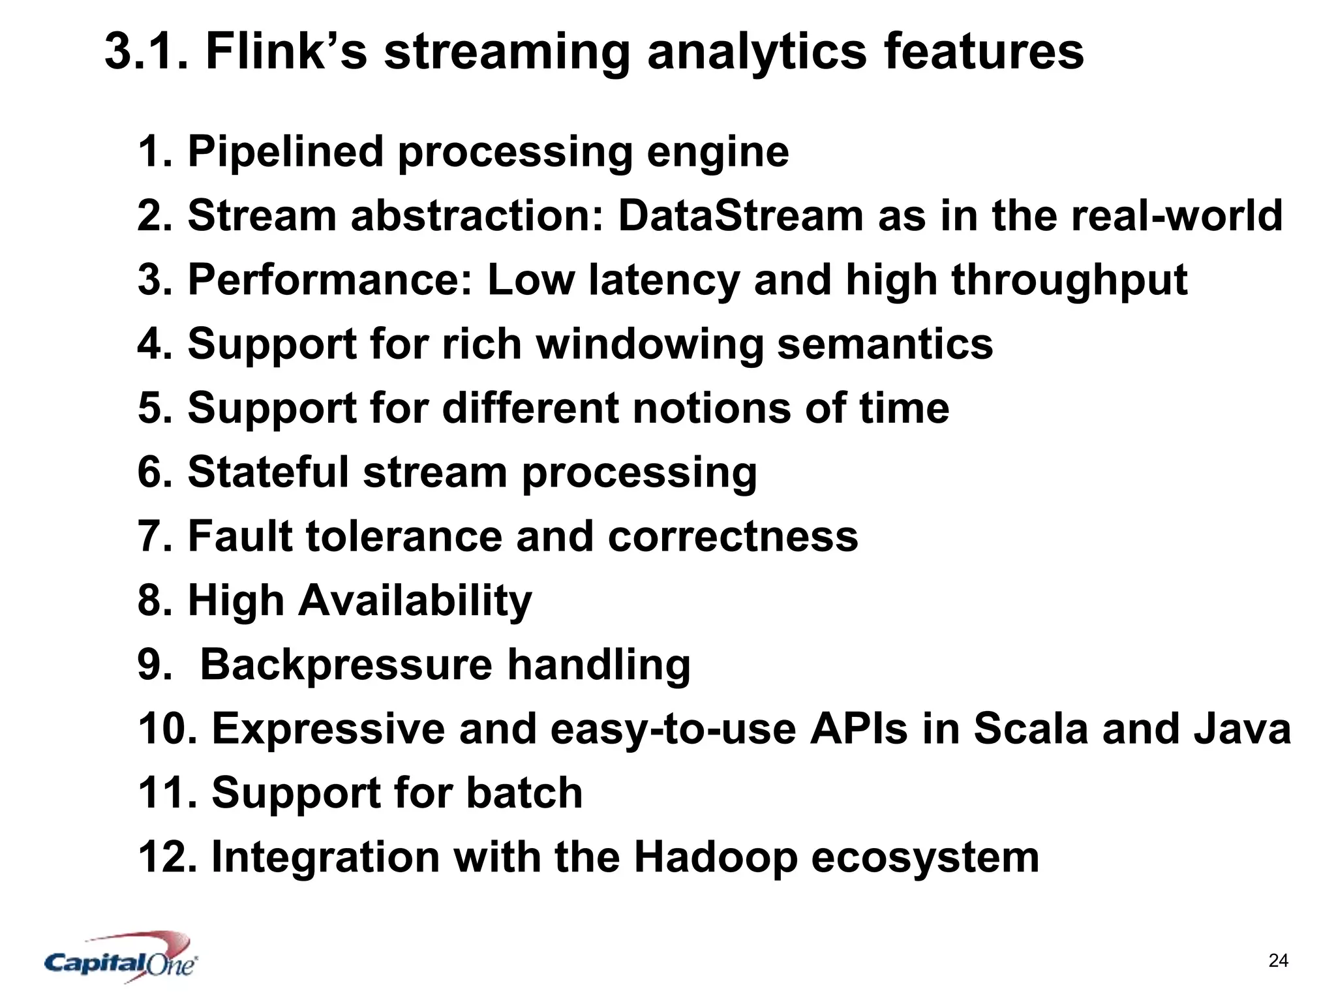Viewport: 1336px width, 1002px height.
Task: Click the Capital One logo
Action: (121, 960)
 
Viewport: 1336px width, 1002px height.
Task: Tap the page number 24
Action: (1278, 960)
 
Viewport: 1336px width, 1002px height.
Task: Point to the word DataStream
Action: (740, 216)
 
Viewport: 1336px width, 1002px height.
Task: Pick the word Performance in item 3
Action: (329, 281)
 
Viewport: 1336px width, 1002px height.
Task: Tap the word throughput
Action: (1069, 281)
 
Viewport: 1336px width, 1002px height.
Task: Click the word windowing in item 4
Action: (649, 344)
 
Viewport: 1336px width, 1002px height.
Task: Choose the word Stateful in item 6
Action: (268, 472)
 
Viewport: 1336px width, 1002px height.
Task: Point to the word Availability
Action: (415, 601)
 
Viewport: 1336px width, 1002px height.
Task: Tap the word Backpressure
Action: (346, 665)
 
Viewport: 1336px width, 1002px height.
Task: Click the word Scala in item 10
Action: (1031, 729)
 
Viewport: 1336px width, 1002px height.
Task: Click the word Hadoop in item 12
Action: (715, 857)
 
